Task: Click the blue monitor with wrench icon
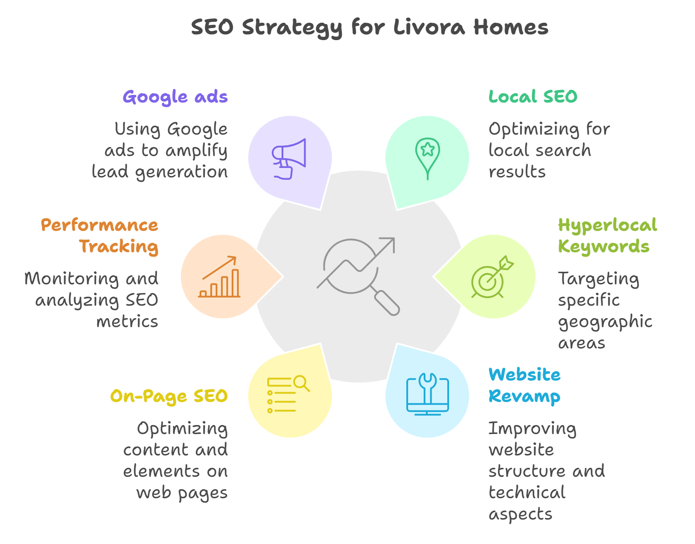(428, 394)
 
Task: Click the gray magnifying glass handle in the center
(387, 303)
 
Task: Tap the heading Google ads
(175, 97)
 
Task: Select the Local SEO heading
(533, 97)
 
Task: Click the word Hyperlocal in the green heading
(607, 225)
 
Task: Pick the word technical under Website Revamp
(527, 493)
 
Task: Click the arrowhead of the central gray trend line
(390, 243)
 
